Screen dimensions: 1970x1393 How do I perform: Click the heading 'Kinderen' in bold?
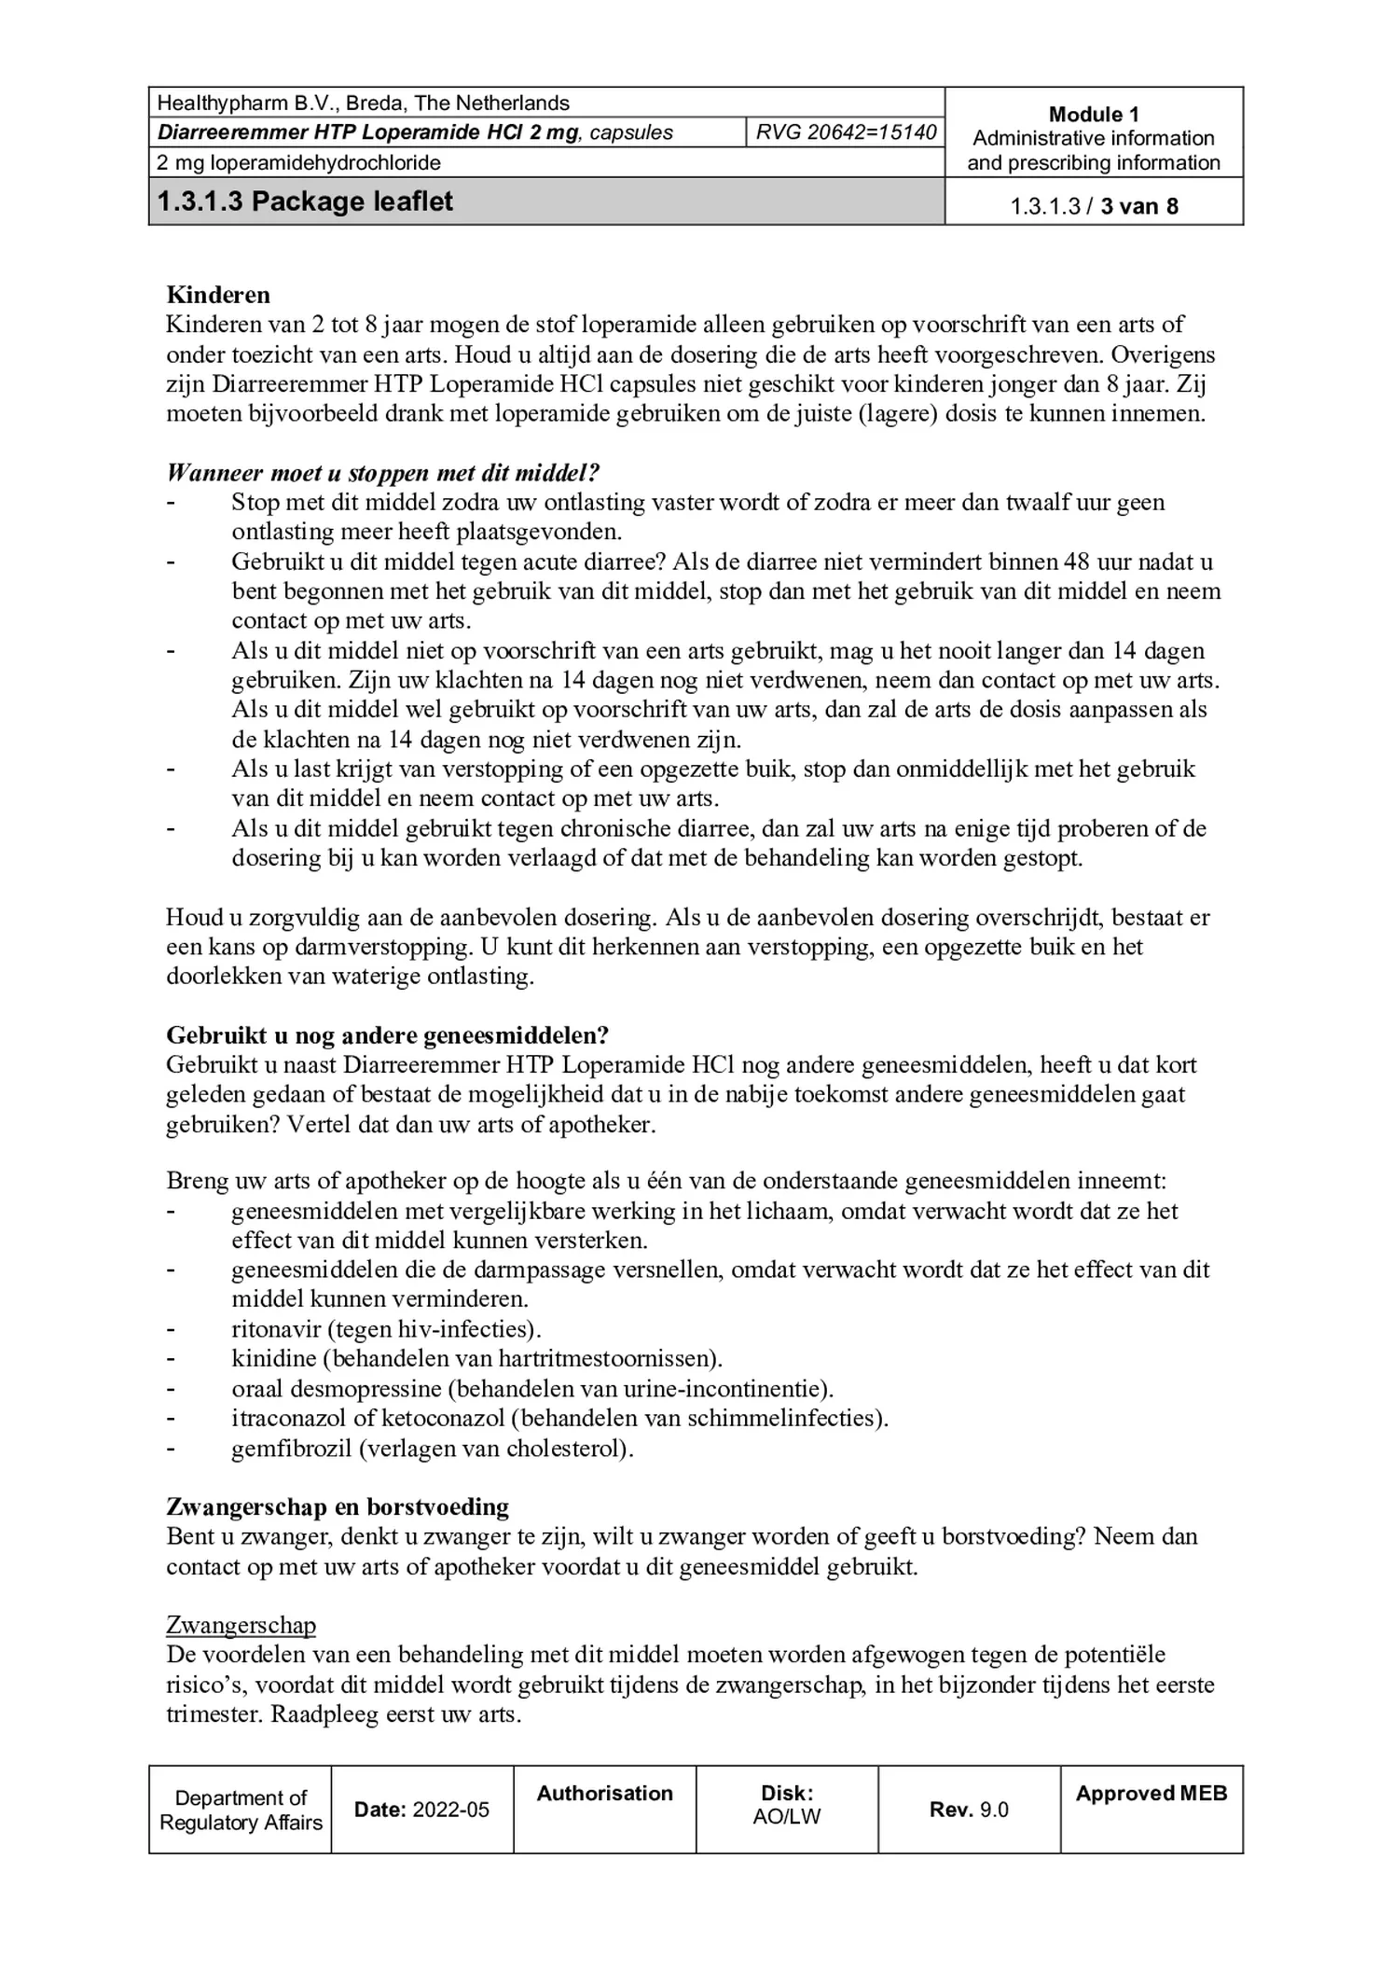point(218,295)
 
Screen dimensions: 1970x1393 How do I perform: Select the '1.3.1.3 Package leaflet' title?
point(305,201)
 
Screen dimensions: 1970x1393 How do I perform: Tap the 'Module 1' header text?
point(1093,114)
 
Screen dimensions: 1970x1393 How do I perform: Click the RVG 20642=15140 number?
point(845,132)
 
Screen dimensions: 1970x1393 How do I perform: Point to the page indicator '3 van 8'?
point(1138,206)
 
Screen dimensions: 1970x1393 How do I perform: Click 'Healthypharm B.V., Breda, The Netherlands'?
point(363,103)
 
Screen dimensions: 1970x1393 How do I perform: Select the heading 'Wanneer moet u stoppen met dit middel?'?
point(382,472)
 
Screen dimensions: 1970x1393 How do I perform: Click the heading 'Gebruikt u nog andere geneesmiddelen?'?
point(387,1035)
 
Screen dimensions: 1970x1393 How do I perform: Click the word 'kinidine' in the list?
point(274,1359)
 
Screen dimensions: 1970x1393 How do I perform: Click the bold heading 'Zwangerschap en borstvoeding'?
point(338,1506)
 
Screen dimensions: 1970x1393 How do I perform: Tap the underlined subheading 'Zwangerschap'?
point(241,1626)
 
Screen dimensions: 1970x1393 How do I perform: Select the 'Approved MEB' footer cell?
point(1151,1793)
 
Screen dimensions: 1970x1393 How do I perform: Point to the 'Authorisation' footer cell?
point(604,1793)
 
